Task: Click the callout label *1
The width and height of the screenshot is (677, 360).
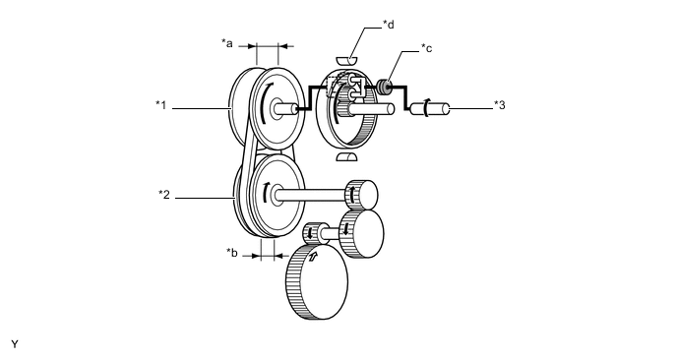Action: coord(161,105)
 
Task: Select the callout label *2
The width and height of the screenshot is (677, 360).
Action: coord(164,195)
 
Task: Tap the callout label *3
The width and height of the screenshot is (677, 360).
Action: coord(500,105)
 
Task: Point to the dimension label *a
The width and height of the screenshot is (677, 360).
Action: coord(227,43)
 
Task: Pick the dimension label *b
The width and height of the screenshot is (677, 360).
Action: coord(232,252)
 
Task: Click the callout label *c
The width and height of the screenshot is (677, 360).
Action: coord(427,48)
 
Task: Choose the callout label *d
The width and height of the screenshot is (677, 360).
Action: coord(389,25)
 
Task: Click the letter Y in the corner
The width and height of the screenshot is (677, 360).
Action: coord(15,344)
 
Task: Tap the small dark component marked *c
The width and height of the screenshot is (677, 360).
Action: coord(385,87)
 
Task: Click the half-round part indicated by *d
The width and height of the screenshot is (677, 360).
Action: coord(347,60)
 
